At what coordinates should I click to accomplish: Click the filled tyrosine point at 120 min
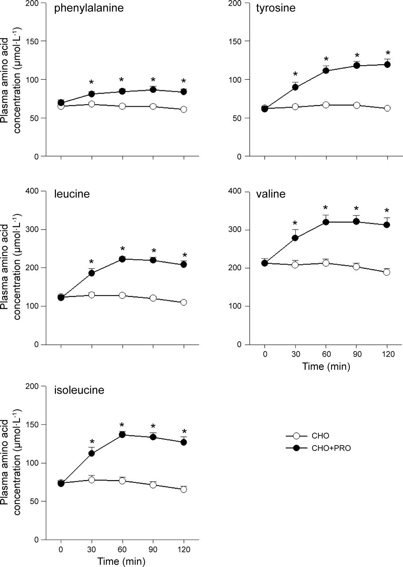[x=387, y=64]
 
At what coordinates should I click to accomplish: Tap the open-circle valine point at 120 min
[x=387, y=272]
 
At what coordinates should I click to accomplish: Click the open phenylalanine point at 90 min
[x=153, y=106]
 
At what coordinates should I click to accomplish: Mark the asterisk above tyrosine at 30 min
[x=295, y=74]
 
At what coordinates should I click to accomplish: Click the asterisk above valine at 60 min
[x=326, y=208]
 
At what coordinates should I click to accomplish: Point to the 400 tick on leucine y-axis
[x=32, y=191]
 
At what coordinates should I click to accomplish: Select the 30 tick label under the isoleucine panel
[x=92, y=550]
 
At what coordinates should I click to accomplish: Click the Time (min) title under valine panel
[x=326, y=367]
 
